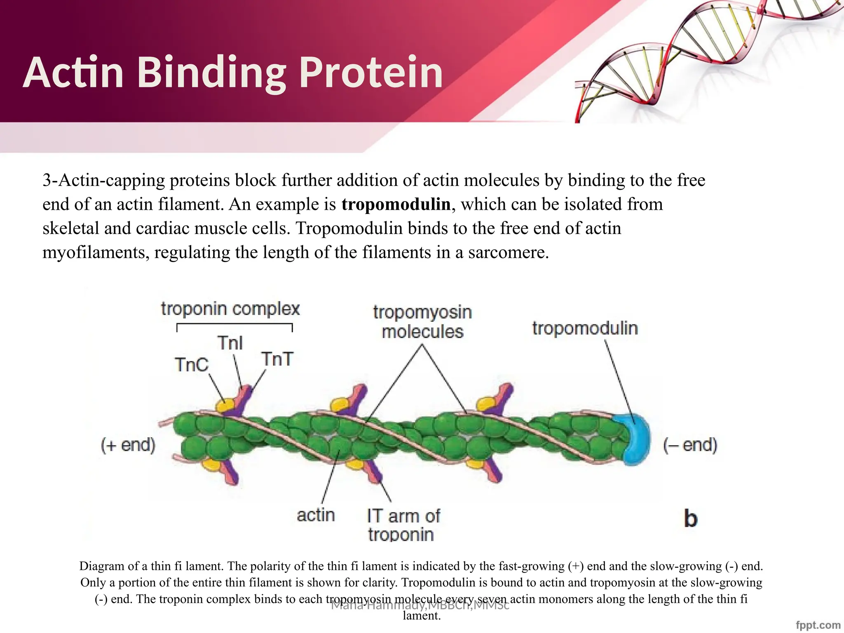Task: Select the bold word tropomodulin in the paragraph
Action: pyautogui.click(x=396, y=204)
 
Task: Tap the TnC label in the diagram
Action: pyautogui.click(x=192, y=365)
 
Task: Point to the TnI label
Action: pyautogui.click(x=230, y=343)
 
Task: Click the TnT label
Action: pyautogui.click(x=277, y=359)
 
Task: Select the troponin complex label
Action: pyautogui.click(x=230, y=309)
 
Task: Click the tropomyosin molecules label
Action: pyautogui.click(x=422, y=322)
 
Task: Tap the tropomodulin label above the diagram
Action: pyautogui.click(x=585, y=328)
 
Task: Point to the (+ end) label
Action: pyautogui.click(x=128, y=445)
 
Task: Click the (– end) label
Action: pyautogui.click(x=690, y=445)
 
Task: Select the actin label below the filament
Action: pyautogui.click(x=316, y=515)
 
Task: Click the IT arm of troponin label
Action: pyautogui.click(x=403, y=525)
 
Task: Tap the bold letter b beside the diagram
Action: pyautogui.click(x=690, y=518)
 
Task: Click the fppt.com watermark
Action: pyautogui.click(x=818, y=625)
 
